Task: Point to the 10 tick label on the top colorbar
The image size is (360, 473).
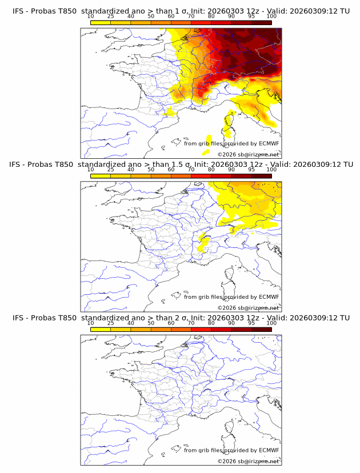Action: (x=90, y=16)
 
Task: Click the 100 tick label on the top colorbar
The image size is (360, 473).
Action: (x=271, y=16)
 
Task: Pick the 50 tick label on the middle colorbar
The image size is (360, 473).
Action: (x=151, y=170)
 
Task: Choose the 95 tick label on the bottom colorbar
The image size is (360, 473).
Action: (x=251, y=323)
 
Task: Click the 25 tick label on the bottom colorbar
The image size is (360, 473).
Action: (x=110, y=323)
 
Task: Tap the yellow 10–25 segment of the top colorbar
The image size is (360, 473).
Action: (x=101, y=22)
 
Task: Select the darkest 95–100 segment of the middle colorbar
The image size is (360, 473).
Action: (x=262, y=176)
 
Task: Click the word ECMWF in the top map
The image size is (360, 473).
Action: (x=269, y=143)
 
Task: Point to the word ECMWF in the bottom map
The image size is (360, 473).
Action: (x=269, y=450)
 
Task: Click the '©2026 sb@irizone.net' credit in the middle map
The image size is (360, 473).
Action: (x=248, y=307)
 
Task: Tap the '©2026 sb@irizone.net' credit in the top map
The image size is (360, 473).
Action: (x=248, y=154)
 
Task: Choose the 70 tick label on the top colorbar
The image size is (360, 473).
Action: (x=191, y=16)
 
